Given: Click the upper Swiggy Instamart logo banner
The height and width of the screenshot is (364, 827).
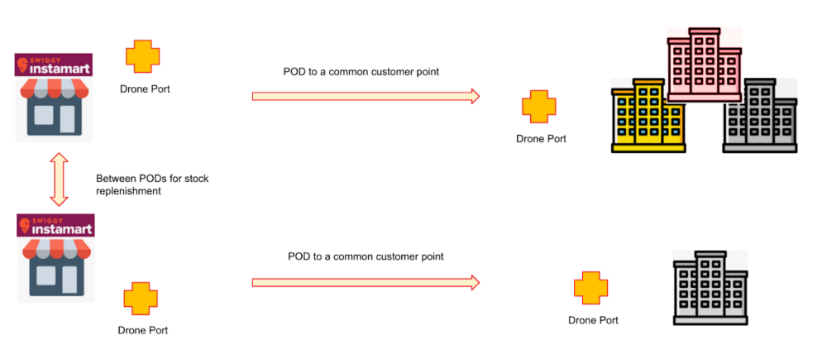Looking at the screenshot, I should coord(54,65).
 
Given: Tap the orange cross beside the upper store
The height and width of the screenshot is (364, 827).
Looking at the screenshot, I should coord(143,56).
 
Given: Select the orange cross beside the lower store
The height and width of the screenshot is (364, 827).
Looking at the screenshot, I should coord(140,299).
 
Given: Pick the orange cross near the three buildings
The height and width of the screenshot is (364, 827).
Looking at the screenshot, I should coord(538,108).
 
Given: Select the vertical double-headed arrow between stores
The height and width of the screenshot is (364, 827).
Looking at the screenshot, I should coord(58,178).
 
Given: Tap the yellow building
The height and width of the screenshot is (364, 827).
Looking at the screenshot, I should coord(648,117).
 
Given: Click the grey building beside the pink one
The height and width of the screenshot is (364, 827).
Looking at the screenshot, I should coord(759,117).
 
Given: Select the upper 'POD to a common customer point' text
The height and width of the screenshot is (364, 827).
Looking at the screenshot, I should coord(361,72).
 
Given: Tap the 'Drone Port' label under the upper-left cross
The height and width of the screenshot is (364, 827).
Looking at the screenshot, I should coord(145,89).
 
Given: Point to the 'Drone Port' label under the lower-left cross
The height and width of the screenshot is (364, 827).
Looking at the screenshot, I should coord(142,330).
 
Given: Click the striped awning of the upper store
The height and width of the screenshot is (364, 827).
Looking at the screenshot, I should coord(54,91).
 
